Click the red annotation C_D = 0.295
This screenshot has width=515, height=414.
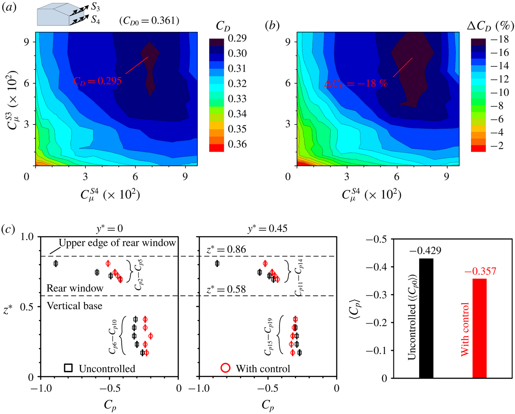pos(97,81)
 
